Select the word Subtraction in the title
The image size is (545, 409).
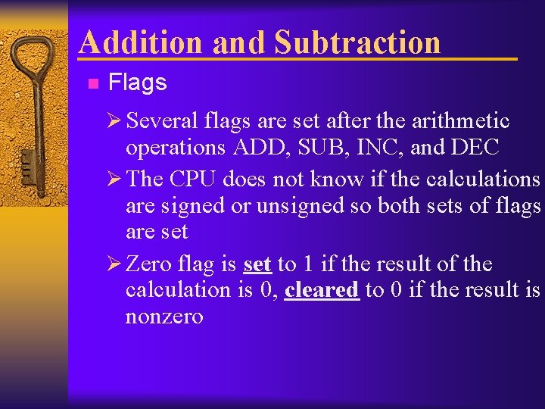tap(357, 42)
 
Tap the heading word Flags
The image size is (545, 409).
tap(137, 83)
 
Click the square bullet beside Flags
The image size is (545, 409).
tap(92, 83)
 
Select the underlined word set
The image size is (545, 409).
tap(257, 264)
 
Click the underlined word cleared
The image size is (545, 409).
tap(321, 290)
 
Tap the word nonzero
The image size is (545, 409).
tap(164, 316)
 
